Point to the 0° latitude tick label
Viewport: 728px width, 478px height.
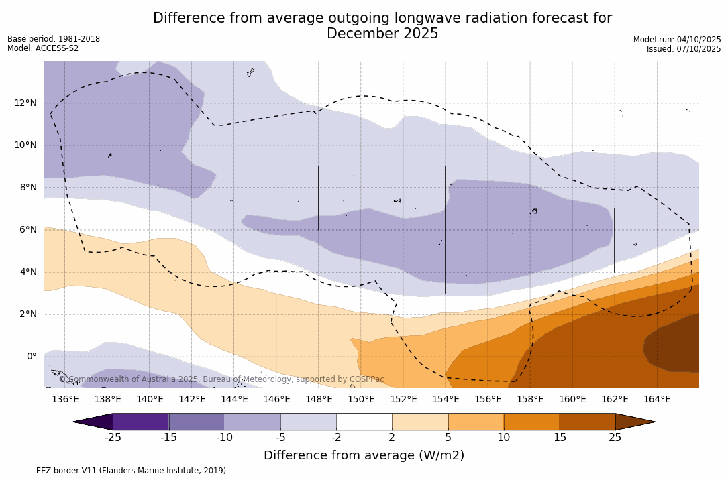click(x=31, y=356)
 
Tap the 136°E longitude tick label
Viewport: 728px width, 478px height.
click(x=65, y=399)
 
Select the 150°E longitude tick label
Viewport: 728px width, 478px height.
click(x=361, y=399)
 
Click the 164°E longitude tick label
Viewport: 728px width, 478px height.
click(x=657, y=399)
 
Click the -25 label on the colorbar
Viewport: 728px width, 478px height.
click(x=112, y=438)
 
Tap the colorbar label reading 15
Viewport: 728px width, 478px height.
click(x=559, y=438)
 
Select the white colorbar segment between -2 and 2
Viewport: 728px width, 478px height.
click(x=364, y=422)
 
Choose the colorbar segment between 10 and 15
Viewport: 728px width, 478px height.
click(x=531, y=422)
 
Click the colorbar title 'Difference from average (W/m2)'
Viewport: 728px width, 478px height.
click(x=364, y=455)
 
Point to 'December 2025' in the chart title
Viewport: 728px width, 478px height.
click(x=382, y=34)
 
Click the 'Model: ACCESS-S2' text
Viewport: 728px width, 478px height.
click(x=43, y=48)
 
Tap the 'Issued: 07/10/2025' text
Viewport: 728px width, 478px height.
click(x=684, y=49)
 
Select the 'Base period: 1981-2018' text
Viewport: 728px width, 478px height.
click(x=54, y=39)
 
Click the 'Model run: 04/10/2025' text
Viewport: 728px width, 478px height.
click(x=677, y=40)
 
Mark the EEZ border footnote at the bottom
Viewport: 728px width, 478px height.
click(x=118, y=471)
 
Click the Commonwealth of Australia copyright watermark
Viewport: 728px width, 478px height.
click(x=221, y=379)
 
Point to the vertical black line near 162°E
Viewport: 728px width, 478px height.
click(x=615, y=240)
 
